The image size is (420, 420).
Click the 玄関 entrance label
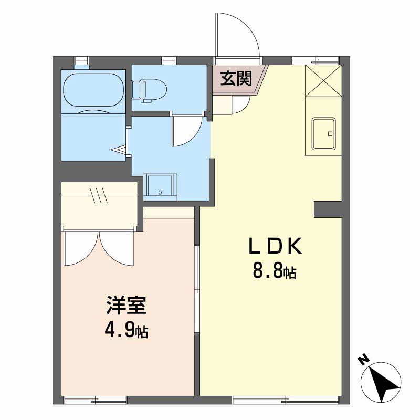pyautogui.click(x=236, y=79)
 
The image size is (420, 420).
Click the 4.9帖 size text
pyautogui.click(x=126, y=331)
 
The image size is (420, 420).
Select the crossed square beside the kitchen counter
pyautogui.click(x=323, y=81)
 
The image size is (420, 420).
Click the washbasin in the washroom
pyautogui.click(x=160, y=185)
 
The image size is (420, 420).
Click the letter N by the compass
pyautogui.click(x=363, y=359)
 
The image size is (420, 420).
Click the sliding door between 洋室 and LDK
pyautogui.click(x=197, y=289)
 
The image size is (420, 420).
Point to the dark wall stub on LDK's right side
pyautogui.click(x=327, y=209)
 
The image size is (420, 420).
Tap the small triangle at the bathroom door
pyautogui.click(x=120, y=150)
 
